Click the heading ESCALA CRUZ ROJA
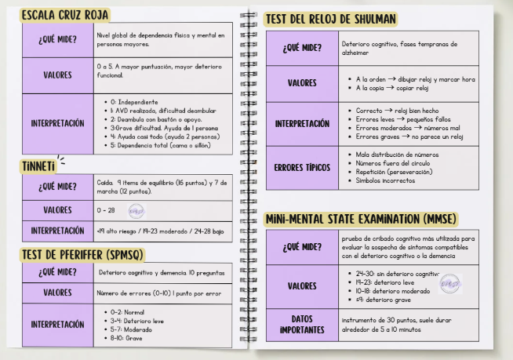click(65, 15)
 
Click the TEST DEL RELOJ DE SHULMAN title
click(330, 19)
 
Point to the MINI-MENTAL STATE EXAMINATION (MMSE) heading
click(361, 218)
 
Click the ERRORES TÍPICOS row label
click(302, 169)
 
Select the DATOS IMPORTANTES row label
click(302, 325)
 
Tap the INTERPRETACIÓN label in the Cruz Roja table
click(57, 124)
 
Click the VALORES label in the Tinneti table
click(57, 211)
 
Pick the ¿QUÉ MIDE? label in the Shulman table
click(302, 48)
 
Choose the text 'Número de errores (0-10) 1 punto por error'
click(160, 293)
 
